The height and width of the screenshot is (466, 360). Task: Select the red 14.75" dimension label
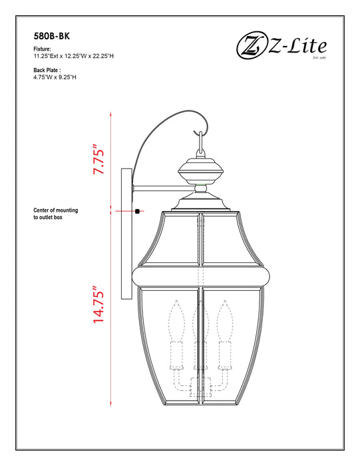point(99,306)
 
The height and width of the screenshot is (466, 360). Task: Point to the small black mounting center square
point(136,212)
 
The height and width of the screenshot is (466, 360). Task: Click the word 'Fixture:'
point(42,49)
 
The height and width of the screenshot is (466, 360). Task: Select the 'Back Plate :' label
point(47,69)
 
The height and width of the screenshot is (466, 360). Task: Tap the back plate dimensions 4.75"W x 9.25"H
point(55,77)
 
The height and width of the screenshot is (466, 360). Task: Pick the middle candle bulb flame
point(199,314)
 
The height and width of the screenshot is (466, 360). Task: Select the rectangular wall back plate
point(125,233)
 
